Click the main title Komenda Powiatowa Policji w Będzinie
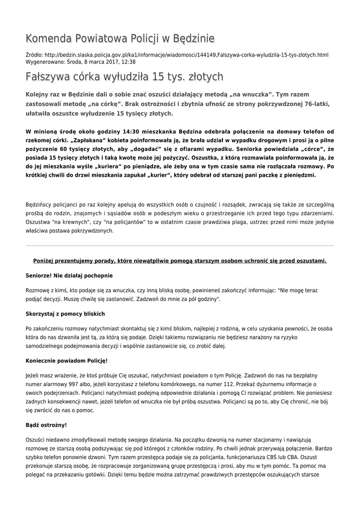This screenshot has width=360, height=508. click(x=120, y=38)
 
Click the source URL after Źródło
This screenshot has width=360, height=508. click(x=186, y=55)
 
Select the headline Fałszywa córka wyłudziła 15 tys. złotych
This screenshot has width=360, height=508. click(x=124, y=76)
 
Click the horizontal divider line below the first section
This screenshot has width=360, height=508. click(x=180, y=246)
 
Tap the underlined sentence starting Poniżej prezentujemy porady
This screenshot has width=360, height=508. click(x=180, y=260)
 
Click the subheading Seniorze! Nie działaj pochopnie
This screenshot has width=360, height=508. click(x=69, y=275)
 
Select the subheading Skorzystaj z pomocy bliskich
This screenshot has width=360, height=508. click(x=65, y=314)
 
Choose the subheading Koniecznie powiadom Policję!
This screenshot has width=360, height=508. click(x=67, y=360)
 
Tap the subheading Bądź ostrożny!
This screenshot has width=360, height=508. click(x=46, y=425)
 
